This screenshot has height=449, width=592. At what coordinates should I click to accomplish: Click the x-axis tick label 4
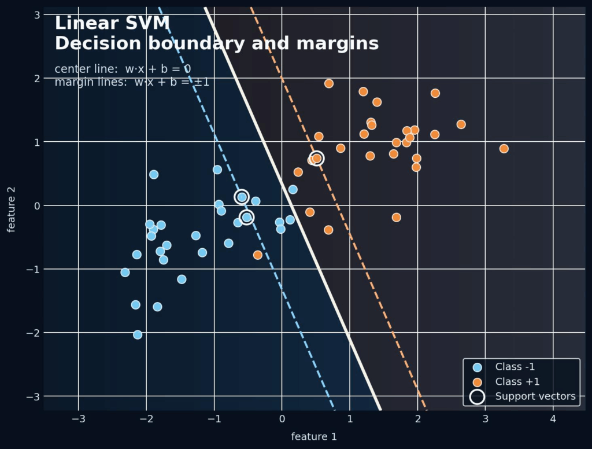[553, 418]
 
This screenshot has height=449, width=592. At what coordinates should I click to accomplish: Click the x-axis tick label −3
[79, 418]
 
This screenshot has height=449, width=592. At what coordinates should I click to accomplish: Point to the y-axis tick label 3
[36, 14]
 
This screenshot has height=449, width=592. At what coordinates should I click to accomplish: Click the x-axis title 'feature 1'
[314, 436]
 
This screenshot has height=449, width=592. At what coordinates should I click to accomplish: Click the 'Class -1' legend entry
[518, 367]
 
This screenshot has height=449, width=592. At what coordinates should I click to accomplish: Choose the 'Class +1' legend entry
[518, 382]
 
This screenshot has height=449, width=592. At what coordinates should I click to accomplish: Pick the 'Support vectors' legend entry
[535, 396]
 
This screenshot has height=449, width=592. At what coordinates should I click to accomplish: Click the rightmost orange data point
[504, 149]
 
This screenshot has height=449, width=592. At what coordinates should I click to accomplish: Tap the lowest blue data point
[138, 334]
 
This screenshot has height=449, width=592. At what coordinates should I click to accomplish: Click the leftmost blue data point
[125, 273]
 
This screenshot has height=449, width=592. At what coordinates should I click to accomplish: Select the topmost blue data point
[154, 175]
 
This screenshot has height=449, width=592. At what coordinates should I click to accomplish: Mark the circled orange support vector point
[317, 159]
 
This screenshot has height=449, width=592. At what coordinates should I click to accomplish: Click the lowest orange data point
[258, 255]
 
